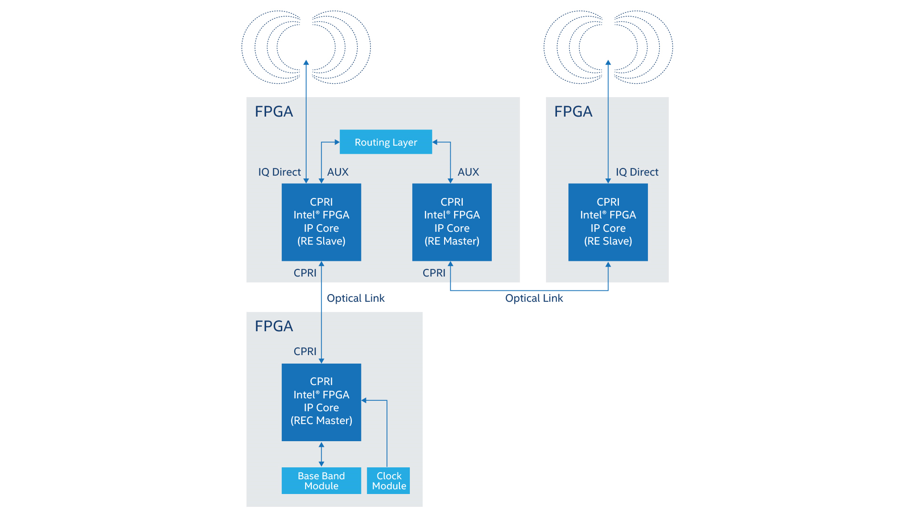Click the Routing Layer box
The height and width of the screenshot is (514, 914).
(386, 142)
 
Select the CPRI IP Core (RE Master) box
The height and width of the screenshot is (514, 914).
(451, 222)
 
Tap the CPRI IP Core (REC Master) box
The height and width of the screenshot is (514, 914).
(321, 402)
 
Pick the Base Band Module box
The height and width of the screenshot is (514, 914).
(321, 481)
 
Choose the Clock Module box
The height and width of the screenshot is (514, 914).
(388, 481)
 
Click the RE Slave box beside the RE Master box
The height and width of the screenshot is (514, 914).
(321, 222)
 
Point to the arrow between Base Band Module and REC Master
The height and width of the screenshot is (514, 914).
(321, 454)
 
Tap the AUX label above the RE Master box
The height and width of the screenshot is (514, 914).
(468, 172)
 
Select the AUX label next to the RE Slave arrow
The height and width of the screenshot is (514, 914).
(338, 172)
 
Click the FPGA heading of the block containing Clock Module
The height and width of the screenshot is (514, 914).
(274, 326)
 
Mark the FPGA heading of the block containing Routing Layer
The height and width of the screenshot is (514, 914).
(274, 111)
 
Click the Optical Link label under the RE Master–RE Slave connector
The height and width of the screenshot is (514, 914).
(534, 298)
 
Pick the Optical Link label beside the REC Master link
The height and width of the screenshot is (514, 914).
(355, 298)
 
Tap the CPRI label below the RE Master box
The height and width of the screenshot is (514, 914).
(434, 273)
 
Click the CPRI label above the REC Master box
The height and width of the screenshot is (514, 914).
(305, 351)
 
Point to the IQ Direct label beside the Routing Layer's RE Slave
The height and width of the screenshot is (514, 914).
(279, 172)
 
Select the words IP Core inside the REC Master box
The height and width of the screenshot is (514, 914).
(321, 408)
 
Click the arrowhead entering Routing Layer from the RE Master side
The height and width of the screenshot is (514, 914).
(435, 142)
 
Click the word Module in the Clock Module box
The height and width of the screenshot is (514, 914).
(389, 486)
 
